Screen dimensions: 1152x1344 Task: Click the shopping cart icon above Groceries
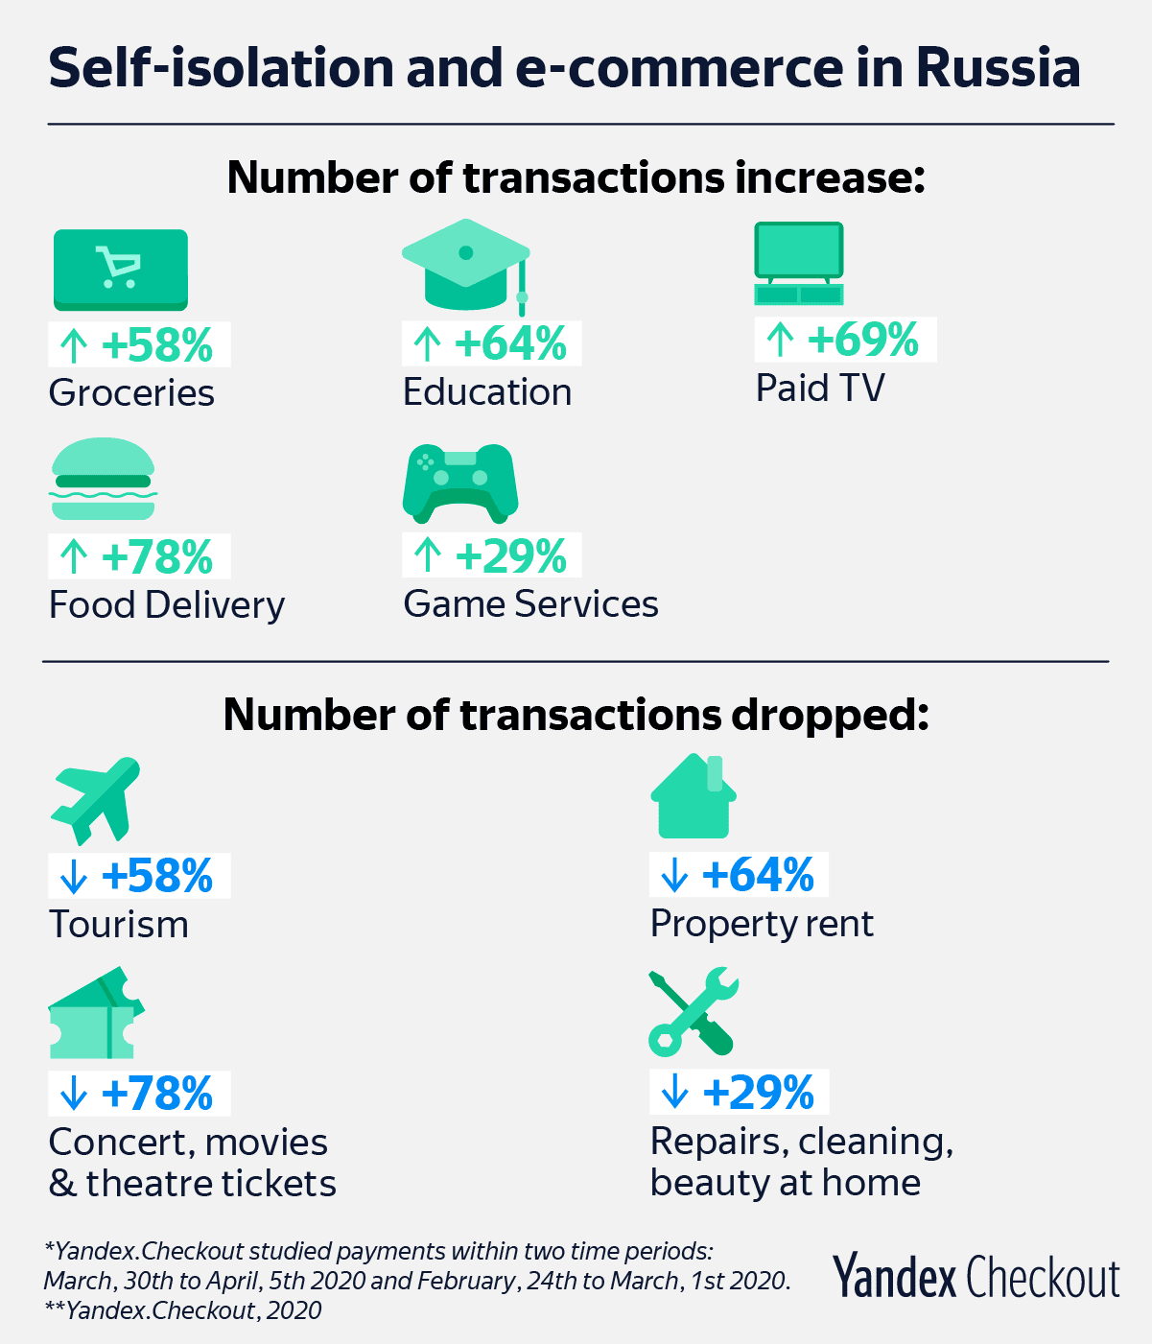point(121,270)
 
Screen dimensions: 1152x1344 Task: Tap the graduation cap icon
point(465,266)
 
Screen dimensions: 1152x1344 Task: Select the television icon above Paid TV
point(799,264)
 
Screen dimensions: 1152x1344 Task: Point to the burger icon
point(103,479)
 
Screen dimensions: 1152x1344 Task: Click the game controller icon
point(460,483)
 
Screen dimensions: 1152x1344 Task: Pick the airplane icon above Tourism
point(96,801)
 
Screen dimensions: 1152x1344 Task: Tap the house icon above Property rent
point(694,796)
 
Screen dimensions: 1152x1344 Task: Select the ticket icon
point(96,1012)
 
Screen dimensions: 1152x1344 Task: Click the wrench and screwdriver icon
point(694,1012)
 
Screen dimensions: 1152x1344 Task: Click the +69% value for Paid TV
point(862,340)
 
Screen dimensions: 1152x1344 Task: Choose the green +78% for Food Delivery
point(156,557)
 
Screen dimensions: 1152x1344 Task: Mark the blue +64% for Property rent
point(758,875)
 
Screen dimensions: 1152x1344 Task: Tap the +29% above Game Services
point(511,556)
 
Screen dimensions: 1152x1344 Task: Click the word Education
point(487,391)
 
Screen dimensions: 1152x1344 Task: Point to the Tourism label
point(119,924)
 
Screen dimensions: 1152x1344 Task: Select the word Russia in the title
point(999,67)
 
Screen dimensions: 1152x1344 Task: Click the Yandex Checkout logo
point(976,1276)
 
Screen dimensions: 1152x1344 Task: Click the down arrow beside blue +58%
point(74,876)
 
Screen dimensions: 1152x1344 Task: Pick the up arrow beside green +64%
point(427,344)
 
